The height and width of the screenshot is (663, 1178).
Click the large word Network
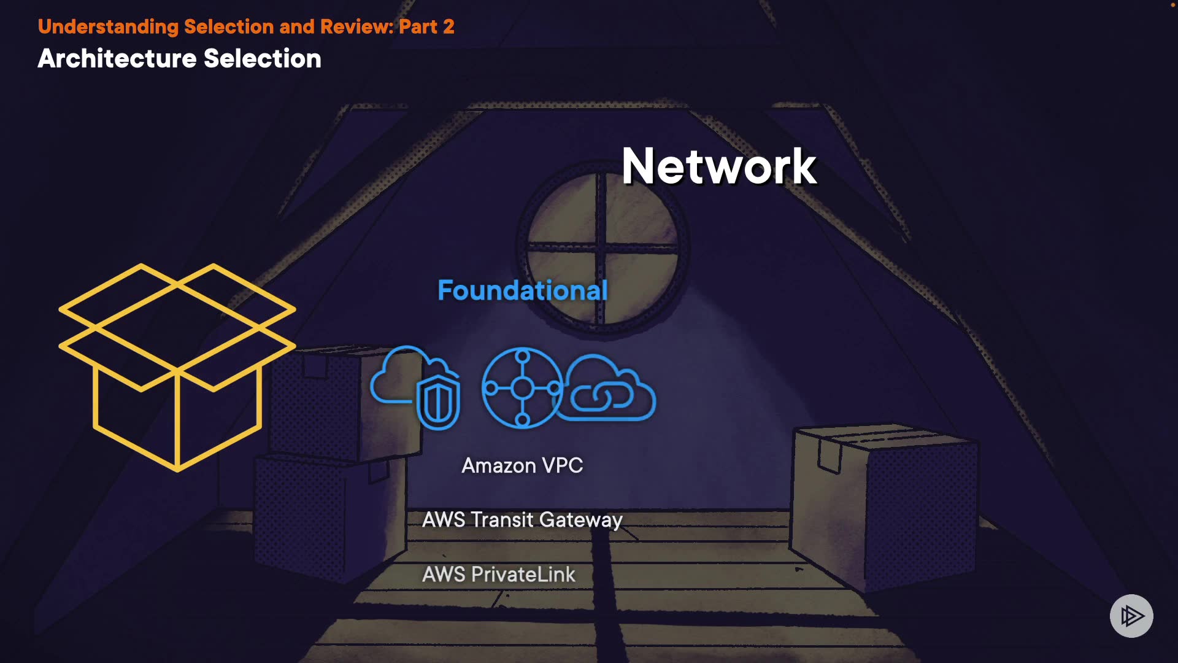(x=718, y=166)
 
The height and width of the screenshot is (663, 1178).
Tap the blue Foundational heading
(x=522, y=290)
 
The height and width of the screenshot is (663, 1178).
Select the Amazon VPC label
(x=522, y=465)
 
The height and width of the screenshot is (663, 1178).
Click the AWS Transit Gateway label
(x=522, y=520)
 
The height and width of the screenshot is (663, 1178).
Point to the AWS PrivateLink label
(x=499, y=575)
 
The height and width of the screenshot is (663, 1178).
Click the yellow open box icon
(x=177, y=366)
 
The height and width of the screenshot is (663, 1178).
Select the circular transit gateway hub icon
(x=522, y=387)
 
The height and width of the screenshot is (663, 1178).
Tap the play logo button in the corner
(x=1131, y=616)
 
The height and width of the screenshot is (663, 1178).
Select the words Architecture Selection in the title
(x=179, y=59)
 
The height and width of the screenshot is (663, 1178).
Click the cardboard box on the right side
(x=883, y=503)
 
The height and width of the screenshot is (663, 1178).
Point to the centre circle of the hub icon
(x=522, y=388)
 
